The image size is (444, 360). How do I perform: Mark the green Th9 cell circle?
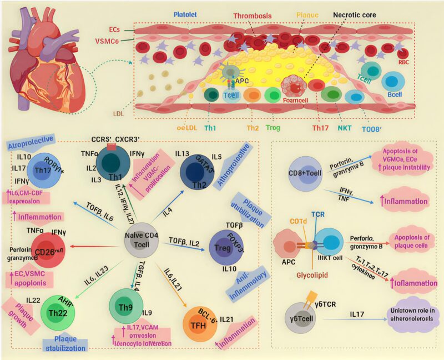coord(128,305)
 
